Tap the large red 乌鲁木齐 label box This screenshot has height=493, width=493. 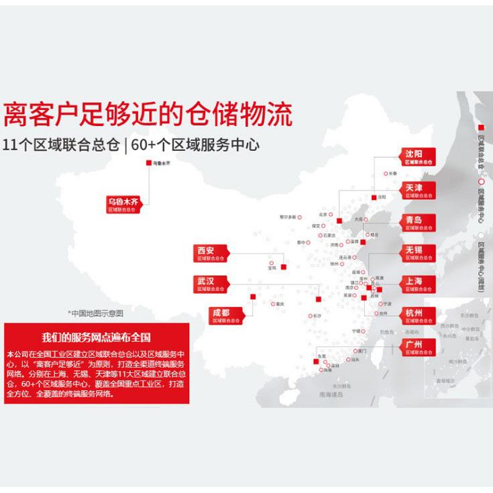125,204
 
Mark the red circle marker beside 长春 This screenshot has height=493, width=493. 384,173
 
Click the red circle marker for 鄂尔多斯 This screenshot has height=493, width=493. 300,217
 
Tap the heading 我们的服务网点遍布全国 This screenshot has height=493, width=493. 96,337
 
